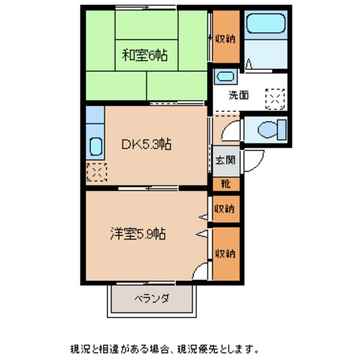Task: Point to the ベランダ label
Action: pyautogui.click(x=152, y=298)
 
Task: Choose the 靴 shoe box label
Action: pyautogui.click(x=226, y=184)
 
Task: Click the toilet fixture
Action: pyautogui.click(x=272, y=129)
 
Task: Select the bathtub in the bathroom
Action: pyautogui.click(x=266, y=22)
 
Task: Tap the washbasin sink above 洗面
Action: pyautogui.click(x=225, y=77)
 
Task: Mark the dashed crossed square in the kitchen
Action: pyautogui.click(x=96, y=172)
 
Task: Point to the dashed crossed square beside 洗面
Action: pyautogui.click(x=274, y=99)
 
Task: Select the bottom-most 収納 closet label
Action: pyautogui.click(x=226, y=254)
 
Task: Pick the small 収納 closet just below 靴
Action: pyautogui.click(x=226, y=209)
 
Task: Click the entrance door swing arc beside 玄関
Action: pyautogui.click(x=254, y=162)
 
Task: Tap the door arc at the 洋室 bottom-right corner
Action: pyautogui.click(x=202, y=271)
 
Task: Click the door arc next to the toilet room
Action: pyautogui.click(x=231, y=130)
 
